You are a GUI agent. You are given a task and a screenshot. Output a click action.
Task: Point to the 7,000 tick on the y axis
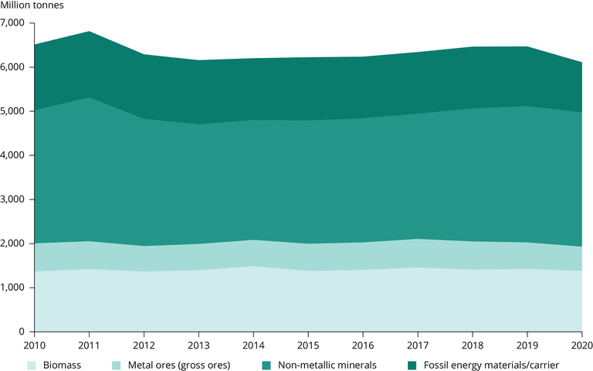coord(14,23)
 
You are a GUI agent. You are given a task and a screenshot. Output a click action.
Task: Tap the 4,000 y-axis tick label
coord(14,155)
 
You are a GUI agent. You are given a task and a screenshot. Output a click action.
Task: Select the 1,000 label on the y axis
coord(14,288)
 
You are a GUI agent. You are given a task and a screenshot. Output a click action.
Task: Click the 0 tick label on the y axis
coord(23,332)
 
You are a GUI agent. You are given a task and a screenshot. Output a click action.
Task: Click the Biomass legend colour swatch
coord(32,364)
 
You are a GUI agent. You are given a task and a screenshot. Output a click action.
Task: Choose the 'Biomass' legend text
coord(63,364)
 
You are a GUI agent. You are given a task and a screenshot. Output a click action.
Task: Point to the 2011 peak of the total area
coord(89,32)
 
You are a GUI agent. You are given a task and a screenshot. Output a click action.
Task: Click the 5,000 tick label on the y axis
coord(14,111)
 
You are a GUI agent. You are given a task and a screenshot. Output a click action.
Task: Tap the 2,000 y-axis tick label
coord(14,243)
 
